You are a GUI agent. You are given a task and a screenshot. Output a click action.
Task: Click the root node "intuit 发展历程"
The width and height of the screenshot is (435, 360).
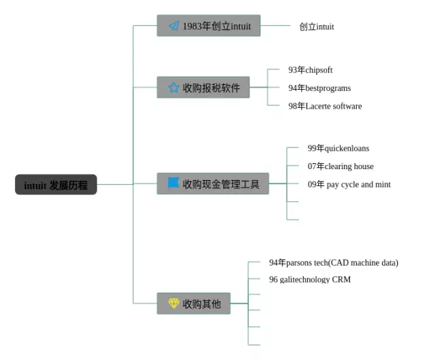pos(56,185)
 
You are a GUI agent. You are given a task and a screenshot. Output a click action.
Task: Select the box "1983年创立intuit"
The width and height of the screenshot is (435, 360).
pos(209,26)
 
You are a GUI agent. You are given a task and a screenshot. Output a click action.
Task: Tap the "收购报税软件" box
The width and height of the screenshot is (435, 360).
pos(203,88)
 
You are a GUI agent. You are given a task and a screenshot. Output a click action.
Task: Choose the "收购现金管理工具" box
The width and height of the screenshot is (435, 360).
pos(213,183)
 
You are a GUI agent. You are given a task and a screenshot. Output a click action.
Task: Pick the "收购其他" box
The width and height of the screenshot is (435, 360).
pos(194,304)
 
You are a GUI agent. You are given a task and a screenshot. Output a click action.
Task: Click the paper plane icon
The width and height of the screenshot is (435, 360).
pos(174,26)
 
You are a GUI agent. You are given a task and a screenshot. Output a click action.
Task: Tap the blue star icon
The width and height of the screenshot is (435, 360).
pos(173,88)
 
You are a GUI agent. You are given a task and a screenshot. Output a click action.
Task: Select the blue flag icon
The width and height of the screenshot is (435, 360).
pos(173,183)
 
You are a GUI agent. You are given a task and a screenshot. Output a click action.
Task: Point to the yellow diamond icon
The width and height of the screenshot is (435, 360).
pos(173,304)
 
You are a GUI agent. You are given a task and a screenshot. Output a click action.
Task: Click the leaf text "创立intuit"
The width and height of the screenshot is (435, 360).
pos(316,26)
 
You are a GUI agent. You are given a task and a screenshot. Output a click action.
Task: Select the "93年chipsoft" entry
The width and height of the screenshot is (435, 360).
pos(310,70)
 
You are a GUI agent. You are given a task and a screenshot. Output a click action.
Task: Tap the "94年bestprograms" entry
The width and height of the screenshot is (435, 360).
pos(319,88)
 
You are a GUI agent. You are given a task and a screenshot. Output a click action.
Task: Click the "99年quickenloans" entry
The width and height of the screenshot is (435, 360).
pos(338,148)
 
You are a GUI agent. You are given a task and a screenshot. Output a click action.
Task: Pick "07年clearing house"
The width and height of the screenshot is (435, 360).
pos(341,166)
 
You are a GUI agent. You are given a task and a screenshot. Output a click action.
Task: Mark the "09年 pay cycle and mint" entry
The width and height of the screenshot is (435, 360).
pos(349,184)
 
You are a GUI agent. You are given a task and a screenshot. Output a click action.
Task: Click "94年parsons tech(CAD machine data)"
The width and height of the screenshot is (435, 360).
pos(333,263)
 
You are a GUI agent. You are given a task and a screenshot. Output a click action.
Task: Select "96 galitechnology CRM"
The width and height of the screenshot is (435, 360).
pos(309,279)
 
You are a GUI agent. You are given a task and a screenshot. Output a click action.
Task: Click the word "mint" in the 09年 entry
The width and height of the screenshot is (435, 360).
pos(382,184)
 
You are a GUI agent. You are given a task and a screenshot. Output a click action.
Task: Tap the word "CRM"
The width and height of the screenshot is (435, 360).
pos(341,279)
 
